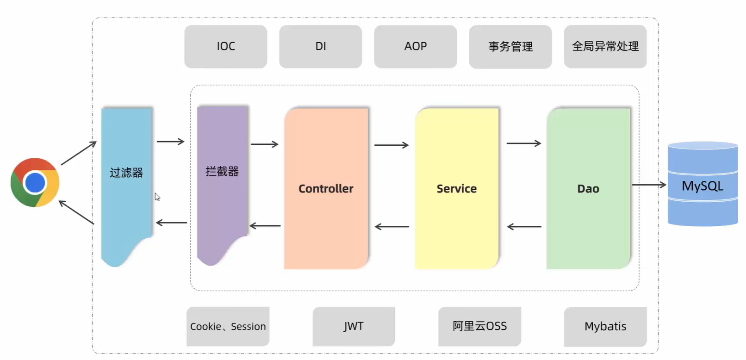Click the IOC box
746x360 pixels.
pos(226,47)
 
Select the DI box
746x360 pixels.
pos(321,47)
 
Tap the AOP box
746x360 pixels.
pos(416,47)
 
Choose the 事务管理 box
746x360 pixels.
pos(510,47)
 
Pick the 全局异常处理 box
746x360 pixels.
pos(605,47)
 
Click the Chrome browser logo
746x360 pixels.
pos(35,182)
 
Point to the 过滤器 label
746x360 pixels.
pos(126,173)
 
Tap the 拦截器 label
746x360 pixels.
pos(222,172)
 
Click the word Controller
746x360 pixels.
pos(326,189)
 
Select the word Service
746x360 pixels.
pos(457,189)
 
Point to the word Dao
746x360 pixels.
pos(588,189)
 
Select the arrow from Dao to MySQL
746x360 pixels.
pos(649,185)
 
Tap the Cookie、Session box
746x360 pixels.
pos(228,326)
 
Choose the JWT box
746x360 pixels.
pos(354,326)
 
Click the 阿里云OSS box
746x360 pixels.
pos(480,326)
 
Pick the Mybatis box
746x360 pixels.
pos(605,327)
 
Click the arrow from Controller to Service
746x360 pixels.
pos(392,145)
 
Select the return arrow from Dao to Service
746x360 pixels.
pos(524,227)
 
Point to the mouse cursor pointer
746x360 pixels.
pos(157,197)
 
